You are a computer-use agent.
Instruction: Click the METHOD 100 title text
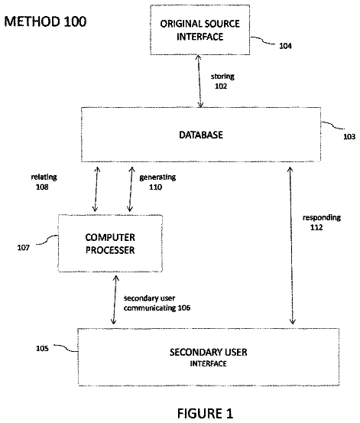[45, 21]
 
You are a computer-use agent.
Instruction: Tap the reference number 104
[285, 46]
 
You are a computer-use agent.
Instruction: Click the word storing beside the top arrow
[222, 77]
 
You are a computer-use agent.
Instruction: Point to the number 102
[221, 86]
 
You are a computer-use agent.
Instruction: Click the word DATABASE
[201, 135]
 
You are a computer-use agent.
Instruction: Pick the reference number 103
[349, 137]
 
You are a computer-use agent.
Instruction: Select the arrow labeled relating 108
[96, 189]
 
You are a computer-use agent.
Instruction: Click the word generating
[157, 177]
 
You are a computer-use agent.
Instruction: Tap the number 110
[156, 187]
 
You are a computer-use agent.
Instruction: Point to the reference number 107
[24, 248]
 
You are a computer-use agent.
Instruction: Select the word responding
[322, 218]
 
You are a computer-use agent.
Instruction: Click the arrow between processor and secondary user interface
[115, 300]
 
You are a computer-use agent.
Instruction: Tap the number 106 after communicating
[184, 307]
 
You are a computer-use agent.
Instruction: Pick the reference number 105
[42, 349]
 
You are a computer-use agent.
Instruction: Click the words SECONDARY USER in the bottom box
[208, 353]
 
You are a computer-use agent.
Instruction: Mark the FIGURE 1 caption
[205, 414]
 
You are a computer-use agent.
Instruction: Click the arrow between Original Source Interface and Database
[199, 81]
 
